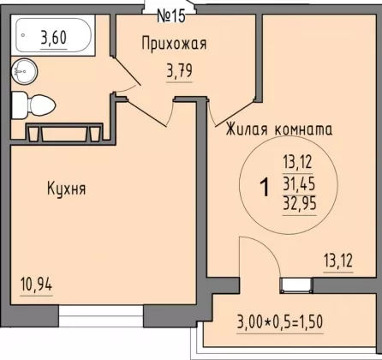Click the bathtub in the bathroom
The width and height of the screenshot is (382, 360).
click(x=53, y=35)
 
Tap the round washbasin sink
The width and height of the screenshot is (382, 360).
click(x=24, y=71)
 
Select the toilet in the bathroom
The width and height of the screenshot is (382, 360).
click(x=33, y=105)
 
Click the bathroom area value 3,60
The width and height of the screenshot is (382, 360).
click(x=54, y=38)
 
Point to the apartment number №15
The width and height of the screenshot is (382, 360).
click(x=171, y=16)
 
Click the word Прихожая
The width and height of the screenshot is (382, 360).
click(x=174, y=45)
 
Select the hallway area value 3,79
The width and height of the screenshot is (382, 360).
click(x=179, y=71)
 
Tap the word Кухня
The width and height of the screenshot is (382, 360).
click(x=67, y=189)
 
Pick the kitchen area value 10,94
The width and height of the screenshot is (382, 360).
click(x=36, y=285)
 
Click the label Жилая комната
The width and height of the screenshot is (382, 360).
click(x=279, y=130)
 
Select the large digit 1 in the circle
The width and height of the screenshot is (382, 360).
click(x=265, y=187)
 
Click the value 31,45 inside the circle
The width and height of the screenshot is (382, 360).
click(x=299, y=183)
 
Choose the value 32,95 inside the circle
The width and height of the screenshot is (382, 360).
click(x=300, y=204)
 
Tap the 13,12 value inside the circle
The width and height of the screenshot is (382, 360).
click(x=297, y=163)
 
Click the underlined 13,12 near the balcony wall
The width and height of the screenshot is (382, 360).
click(x=338, y=261)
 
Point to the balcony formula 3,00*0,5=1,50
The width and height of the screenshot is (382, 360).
click(x=280, y=322)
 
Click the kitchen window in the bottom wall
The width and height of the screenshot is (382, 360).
click(x=101, y=315)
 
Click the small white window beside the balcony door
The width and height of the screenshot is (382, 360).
click(x=296, y=285)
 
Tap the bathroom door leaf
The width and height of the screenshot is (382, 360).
click(x=127, y=71)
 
